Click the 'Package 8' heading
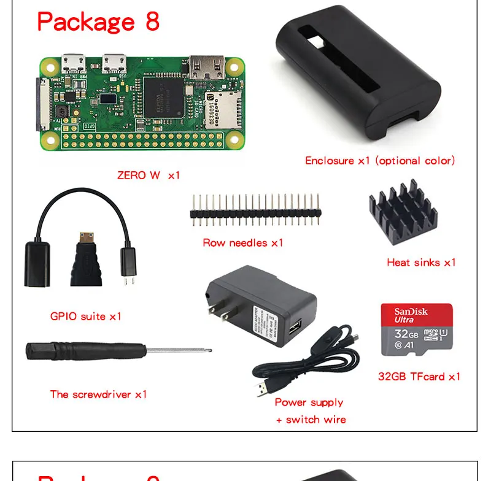coord(98,21)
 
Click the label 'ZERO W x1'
coord(149,175)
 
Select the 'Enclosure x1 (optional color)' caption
coord(380,161)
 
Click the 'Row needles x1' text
coord(242,242)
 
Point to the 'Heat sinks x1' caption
coord(421,263)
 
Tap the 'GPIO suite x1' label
coord(85,317)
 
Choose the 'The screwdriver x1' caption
coord(98,394)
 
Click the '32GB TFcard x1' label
coord(419,377)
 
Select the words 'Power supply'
coord(309,402)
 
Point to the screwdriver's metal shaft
coord(178,352)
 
